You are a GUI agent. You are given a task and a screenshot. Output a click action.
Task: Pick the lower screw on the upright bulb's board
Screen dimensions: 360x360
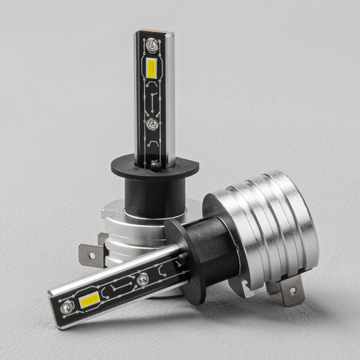click(x=150, y=125)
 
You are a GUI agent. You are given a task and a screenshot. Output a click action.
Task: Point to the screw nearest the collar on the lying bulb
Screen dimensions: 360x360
click(x=143, y=278)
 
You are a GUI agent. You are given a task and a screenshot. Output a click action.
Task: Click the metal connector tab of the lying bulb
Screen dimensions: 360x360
click(x=290, y=291)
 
